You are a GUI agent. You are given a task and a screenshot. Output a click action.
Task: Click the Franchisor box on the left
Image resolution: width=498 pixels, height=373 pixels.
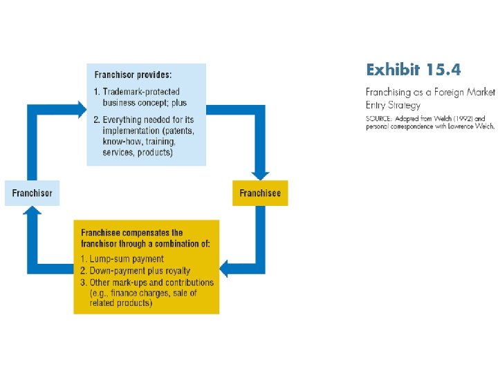click(x=33, y=193)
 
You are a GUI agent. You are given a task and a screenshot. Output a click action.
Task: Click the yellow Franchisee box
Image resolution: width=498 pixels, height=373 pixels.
click(x=260, y=193)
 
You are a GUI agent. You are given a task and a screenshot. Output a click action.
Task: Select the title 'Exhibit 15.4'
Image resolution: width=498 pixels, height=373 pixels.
click(x=413, y=70)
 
